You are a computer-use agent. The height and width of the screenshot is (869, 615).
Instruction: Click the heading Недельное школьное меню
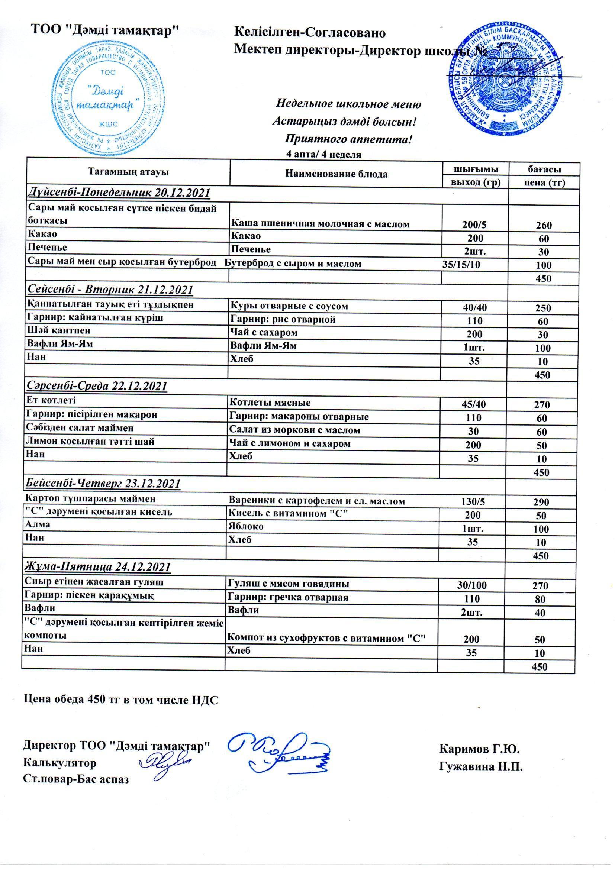[x=349, y=104]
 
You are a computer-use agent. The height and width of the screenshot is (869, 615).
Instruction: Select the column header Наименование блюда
[x=336, y=174]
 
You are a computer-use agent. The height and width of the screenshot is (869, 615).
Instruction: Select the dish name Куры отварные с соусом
[x=289, y=306]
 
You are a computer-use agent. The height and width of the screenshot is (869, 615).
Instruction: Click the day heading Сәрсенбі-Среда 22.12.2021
[x=98, y=386]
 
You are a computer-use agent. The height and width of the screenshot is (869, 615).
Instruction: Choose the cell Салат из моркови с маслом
[x=294, y=430]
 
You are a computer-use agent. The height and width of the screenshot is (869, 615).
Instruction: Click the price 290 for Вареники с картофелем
[x=541, y=502]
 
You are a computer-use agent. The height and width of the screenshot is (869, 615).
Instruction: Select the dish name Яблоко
[x=246, y=526]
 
